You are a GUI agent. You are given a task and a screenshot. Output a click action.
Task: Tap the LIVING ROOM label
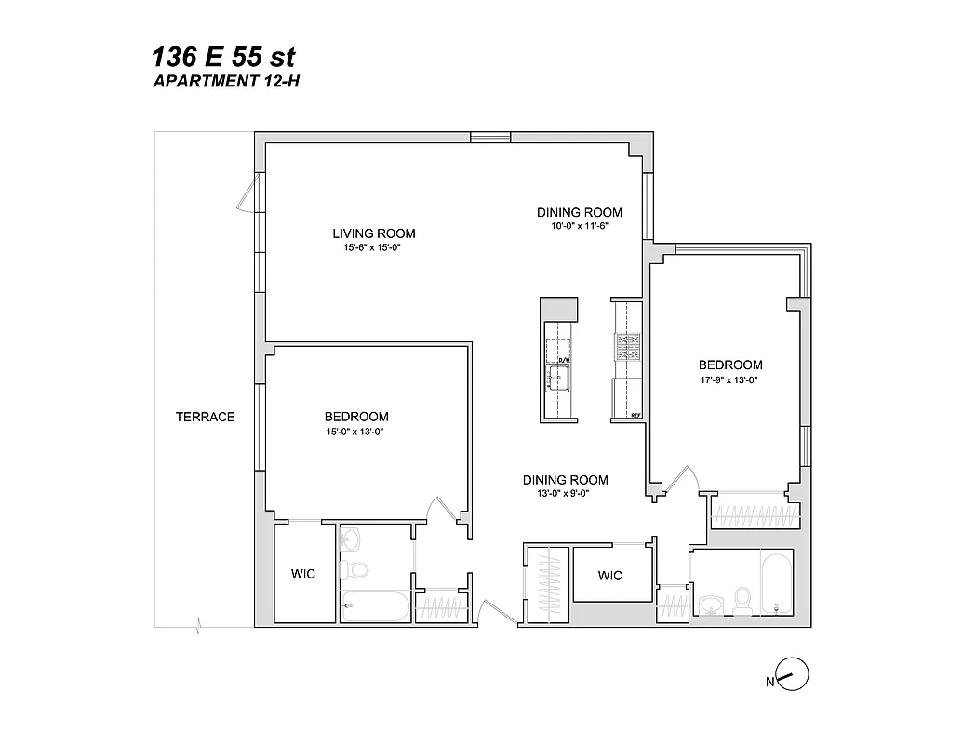pos(374,233)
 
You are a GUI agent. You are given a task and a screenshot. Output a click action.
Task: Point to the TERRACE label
pos(205,417)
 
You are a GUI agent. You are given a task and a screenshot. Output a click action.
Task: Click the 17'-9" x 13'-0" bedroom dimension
pos(730,379)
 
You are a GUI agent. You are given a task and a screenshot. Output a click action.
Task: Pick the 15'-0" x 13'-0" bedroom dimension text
pos(356,431)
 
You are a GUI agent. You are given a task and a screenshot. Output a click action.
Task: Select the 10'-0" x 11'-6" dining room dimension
pos(579,226)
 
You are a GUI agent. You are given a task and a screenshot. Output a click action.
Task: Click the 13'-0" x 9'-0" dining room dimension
pos(565,494)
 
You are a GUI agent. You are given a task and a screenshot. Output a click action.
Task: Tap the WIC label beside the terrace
pos(302,574)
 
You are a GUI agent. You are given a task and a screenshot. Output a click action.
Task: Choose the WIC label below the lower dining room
pos(609,576)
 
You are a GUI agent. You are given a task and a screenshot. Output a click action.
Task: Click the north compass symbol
pos(790,675)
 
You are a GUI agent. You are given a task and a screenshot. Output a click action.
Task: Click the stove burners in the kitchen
pos(627,347)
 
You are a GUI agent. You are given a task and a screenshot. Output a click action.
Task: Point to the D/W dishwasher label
pos(563,358)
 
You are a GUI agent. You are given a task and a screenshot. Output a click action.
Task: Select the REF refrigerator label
pos(636,416)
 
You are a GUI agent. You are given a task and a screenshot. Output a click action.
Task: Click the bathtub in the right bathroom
pos(776,582)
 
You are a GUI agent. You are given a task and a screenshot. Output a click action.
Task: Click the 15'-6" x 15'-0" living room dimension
pos(374,247)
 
